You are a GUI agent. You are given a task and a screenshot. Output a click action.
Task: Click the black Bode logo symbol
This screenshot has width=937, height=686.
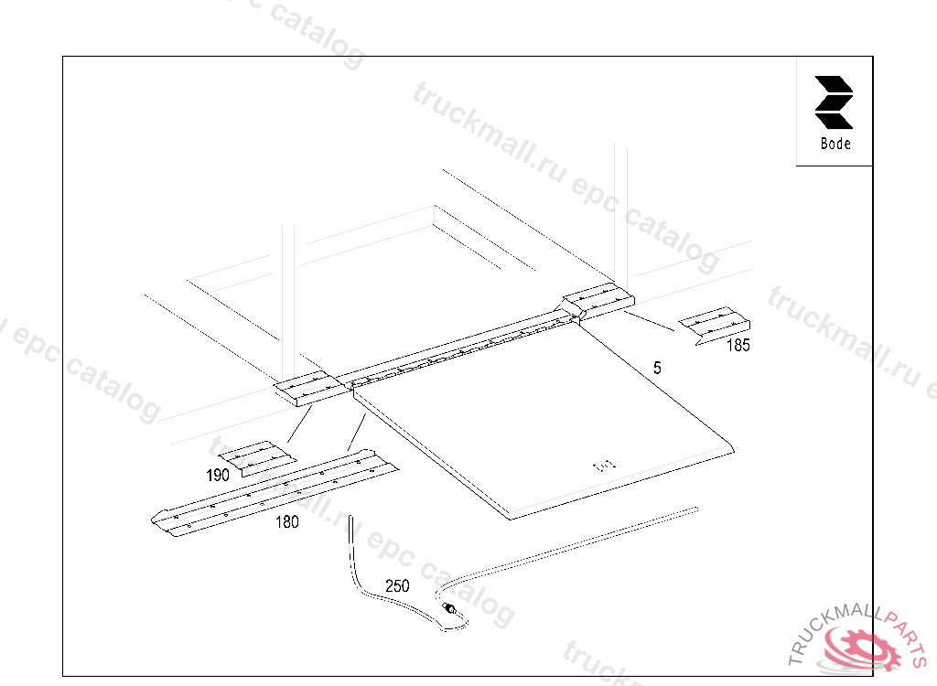[834, 102]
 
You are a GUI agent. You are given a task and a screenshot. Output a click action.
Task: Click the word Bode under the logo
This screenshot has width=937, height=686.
[835, 144]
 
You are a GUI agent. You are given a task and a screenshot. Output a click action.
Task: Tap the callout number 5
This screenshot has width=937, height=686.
[657, 368]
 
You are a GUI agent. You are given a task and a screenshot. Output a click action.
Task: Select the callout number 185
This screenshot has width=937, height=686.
[738, 346]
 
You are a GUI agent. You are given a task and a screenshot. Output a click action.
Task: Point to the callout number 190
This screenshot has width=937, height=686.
[217, 475]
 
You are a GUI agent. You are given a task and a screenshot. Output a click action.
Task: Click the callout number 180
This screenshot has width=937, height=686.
[286, 522]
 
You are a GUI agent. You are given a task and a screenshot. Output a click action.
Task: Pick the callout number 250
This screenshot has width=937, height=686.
[397, 586]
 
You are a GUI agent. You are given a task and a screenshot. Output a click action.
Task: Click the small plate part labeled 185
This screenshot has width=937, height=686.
[716, 324]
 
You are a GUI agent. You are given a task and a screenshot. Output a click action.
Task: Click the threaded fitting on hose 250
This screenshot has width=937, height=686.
[449, 609]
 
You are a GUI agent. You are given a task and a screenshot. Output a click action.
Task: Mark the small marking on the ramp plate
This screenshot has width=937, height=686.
[606, 466]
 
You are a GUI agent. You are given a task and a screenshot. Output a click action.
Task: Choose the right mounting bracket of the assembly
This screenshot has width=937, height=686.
[598, 302]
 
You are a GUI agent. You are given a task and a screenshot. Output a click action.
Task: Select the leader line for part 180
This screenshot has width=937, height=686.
[358, 431]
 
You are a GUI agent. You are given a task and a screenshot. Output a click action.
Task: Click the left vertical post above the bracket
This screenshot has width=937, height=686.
[288, 302]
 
